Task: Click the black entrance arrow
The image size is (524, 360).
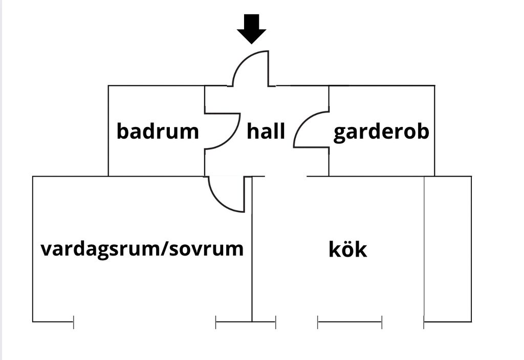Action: (x=252, y=29)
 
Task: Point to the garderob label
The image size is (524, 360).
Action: (x=381, y=132)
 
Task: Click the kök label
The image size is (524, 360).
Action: (x=348, y=249)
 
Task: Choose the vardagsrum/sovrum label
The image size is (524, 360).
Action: (x=142, y=249)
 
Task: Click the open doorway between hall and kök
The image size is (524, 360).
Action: (x=286, y=176)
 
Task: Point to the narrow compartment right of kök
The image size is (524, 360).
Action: (x=448, y=249)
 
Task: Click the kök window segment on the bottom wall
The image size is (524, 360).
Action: (x=350, y=322)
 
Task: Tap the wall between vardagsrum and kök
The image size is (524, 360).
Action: (x=252, y=249)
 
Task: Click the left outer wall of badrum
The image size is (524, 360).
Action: (x=108, y=131)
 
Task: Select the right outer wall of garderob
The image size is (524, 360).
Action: (x=435, y=131)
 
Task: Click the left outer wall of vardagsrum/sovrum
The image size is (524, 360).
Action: (x=33, y=249)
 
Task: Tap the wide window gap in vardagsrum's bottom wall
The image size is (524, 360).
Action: (x=144, y=322)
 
